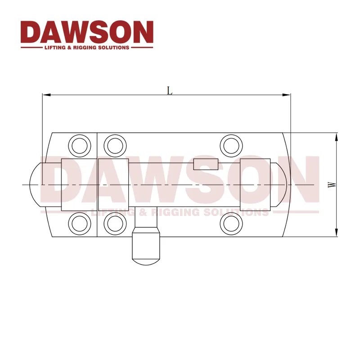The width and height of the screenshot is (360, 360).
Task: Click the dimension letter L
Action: (x=170, y=90)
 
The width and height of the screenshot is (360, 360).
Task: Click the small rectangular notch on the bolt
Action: (x=206, y=164)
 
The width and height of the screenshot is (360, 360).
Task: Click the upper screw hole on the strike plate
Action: (x=79, y=145)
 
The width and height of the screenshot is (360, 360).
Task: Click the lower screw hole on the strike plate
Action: (x=79, y=223)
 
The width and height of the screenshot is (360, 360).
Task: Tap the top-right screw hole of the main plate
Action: (x=230, y=145)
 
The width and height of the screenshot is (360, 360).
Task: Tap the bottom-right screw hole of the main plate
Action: (x=230, y=223)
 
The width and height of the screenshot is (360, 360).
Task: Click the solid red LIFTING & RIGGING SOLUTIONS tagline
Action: (x=87, y=47)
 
